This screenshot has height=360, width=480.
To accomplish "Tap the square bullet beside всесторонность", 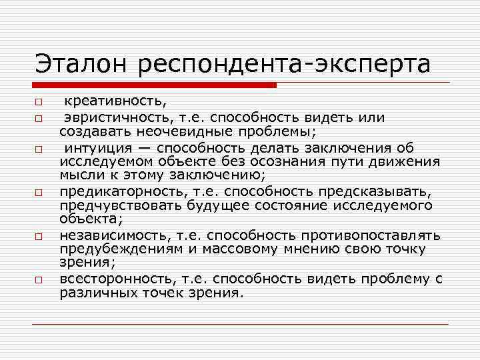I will coord(39,280).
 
